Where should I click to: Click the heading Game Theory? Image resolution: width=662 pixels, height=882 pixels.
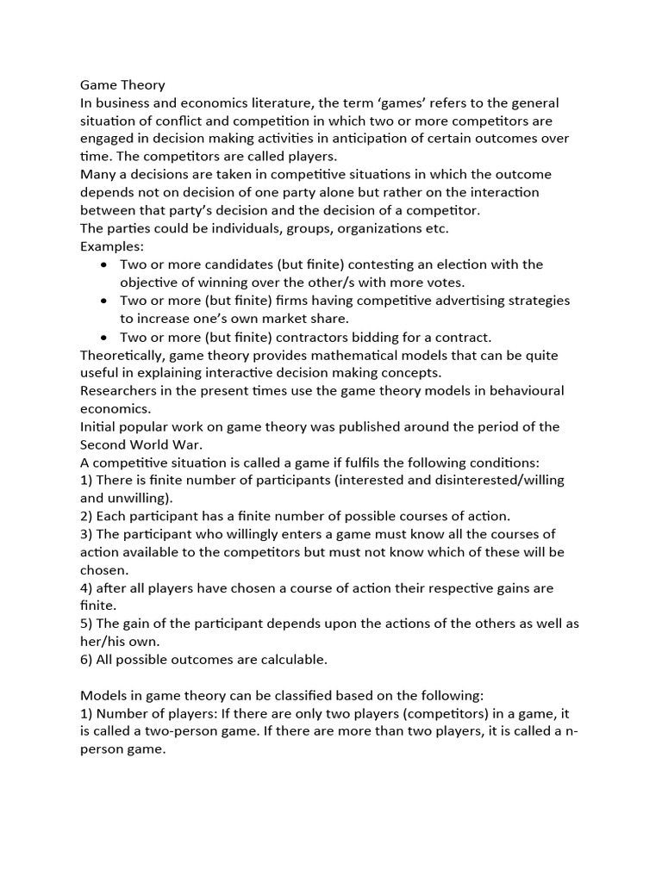[x=122, y=84]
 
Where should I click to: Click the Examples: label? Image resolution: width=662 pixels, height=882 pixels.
[x=113, y=246]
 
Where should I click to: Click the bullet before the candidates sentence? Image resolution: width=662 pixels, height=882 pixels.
[x=104, y=264]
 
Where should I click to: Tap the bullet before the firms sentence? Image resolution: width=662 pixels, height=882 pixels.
[x=104, y=301]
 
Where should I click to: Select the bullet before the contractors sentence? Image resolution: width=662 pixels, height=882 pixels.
[x=104, y=337]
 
